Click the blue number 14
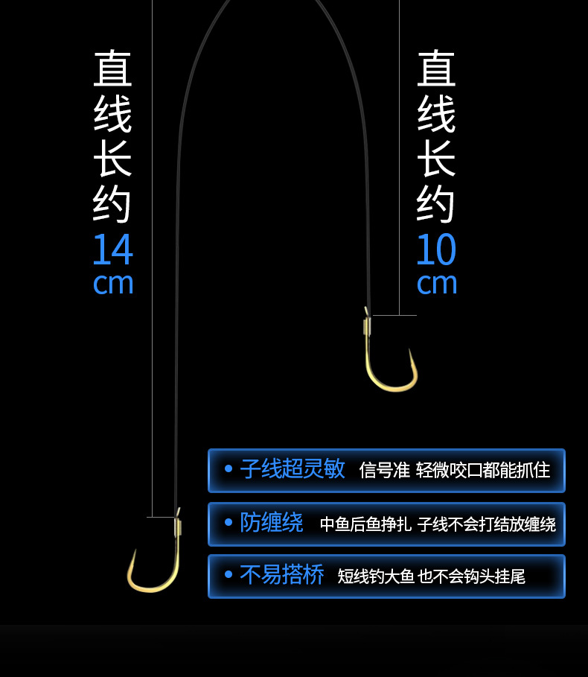coord(112,250)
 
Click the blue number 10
coord(436,250)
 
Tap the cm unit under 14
coord(113,284)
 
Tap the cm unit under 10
coord(437,284)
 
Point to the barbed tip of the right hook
coord(410,351)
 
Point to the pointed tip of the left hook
coord(135,552)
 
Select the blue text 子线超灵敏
coord(293,469)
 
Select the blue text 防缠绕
coord(272,523)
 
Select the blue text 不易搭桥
coord(282,575)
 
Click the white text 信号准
coord(384,471)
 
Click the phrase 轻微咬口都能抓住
coord(483,471)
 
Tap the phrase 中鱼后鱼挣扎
coord(365,524)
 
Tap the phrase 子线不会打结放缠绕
coord(486,524)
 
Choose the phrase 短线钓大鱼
coord(376,576)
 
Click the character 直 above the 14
coord(112,69)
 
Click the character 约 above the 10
coord(436,203)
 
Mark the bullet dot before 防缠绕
coord(229,522)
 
